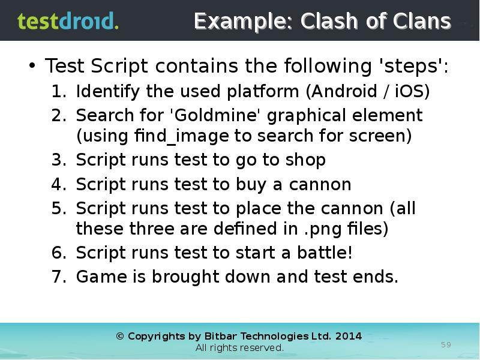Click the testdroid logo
tap(68, 22)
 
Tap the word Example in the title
tap(244, 22)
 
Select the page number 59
tap(446, 344)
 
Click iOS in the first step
tap(409, 92)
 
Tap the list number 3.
tap(58, 160)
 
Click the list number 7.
tap(58, 277)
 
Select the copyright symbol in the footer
tap(120, 337)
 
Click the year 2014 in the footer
tap(349, 336)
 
